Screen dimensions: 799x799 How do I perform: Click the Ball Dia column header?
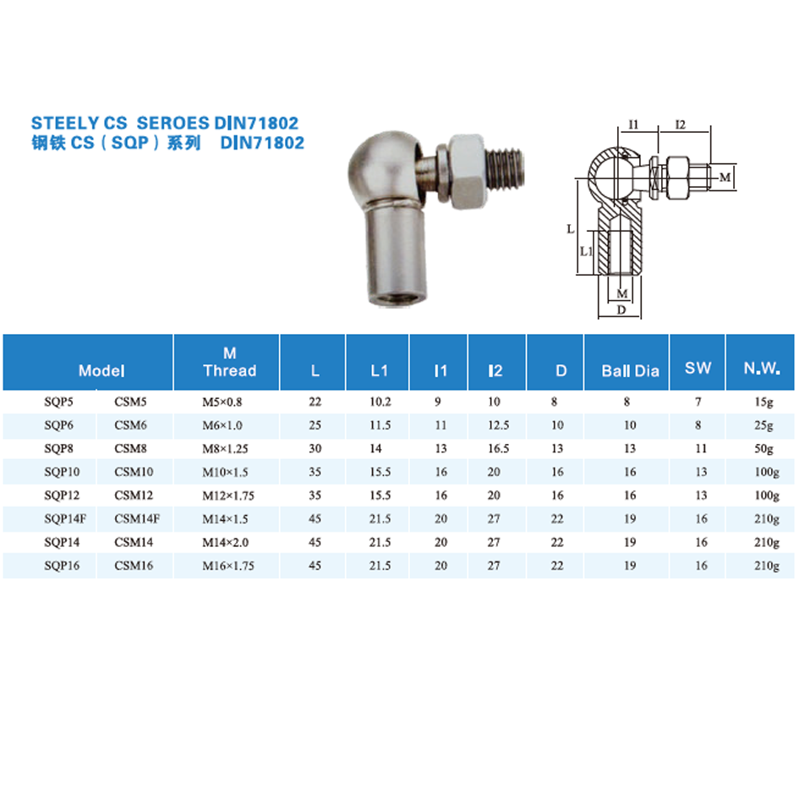tap(631, 370)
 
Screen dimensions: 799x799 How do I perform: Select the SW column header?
tap(698, 368)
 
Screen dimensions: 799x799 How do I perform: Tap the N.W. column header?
tap(762, 368)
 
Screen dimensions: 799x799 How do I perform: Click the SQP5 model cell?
tap(58, 402)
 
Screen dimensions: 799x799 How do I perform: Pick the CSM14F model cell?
tap(137, 519)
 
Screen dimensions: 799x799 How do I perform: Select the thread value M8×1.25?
tap(225, 448)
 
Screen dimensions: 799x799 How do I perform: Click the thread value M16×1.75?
tap(227, 566)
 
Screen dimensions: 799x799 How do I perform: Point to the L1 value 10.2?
tap(380, 402)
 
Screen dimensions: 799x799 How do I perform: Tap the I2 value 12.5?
tap(498, 425)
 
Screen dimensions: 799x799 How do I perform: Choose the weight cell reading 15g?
tap(763, 402)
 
